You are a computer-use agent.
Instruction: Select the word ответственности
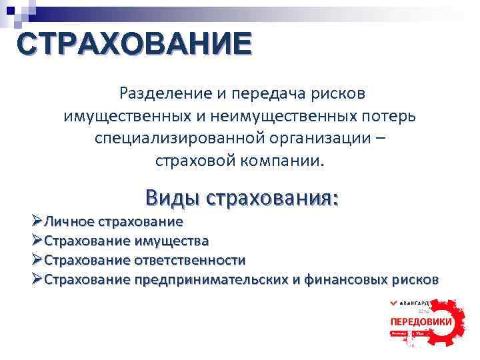[191, 260]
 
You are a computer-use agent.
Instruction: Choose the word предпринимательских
[211, 279]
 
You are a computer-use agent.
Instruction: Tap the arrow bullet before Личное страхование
[37, 221]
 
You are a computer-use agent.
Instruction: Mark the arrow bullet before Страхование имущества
[37, 241]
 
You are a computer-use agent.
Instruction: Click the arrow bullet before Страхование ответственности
[37, 260]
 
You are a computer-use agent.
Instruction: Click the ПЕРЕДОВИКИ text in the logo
[421, 321]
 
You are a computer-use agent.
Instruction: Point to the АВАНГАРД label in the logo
[425, 302]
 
